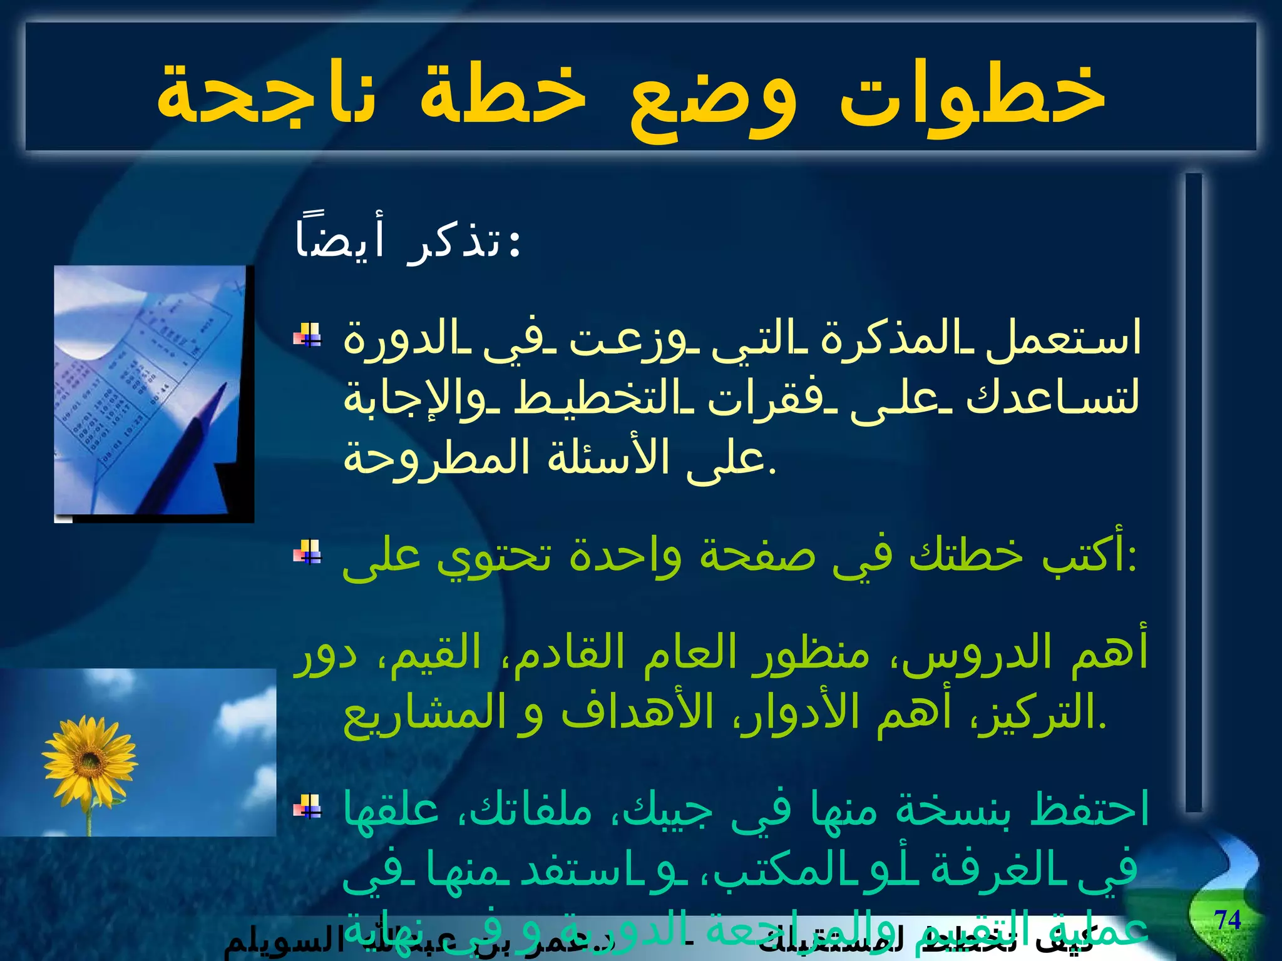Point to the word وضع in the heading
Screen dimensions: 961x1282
click(714, 100)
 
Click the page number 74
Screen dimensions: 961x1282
click(1228, 920)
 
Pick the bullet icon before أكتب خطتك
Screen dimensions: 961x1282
click(307, 552)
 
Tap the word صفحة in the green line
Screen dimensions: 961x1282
click(757, 555)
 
